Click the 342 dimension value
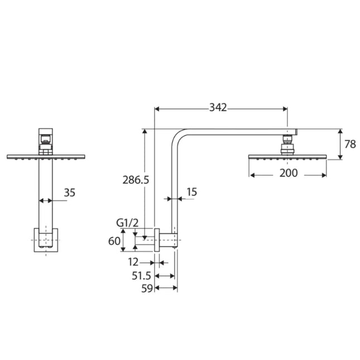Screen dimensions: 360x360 coord(218,108)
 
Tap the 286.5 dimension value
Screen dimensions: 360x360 coord(136,180)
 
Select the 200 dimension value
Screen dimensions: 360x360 coord(289,173)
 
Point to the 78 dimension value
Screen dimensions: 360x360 coord(350,144)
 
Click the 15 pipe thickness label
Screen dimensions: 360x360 coord(191,192)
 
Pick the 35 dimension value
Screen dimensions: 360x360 coord(69,193)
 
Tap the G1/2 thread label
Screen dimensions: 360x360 coord(127,223)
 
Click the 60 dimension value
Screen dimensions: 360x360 coord(114,241)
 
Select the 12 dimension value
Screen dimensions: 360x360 coord(133,262)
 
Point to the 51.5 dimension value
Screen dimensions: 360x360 coord(141,276)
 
